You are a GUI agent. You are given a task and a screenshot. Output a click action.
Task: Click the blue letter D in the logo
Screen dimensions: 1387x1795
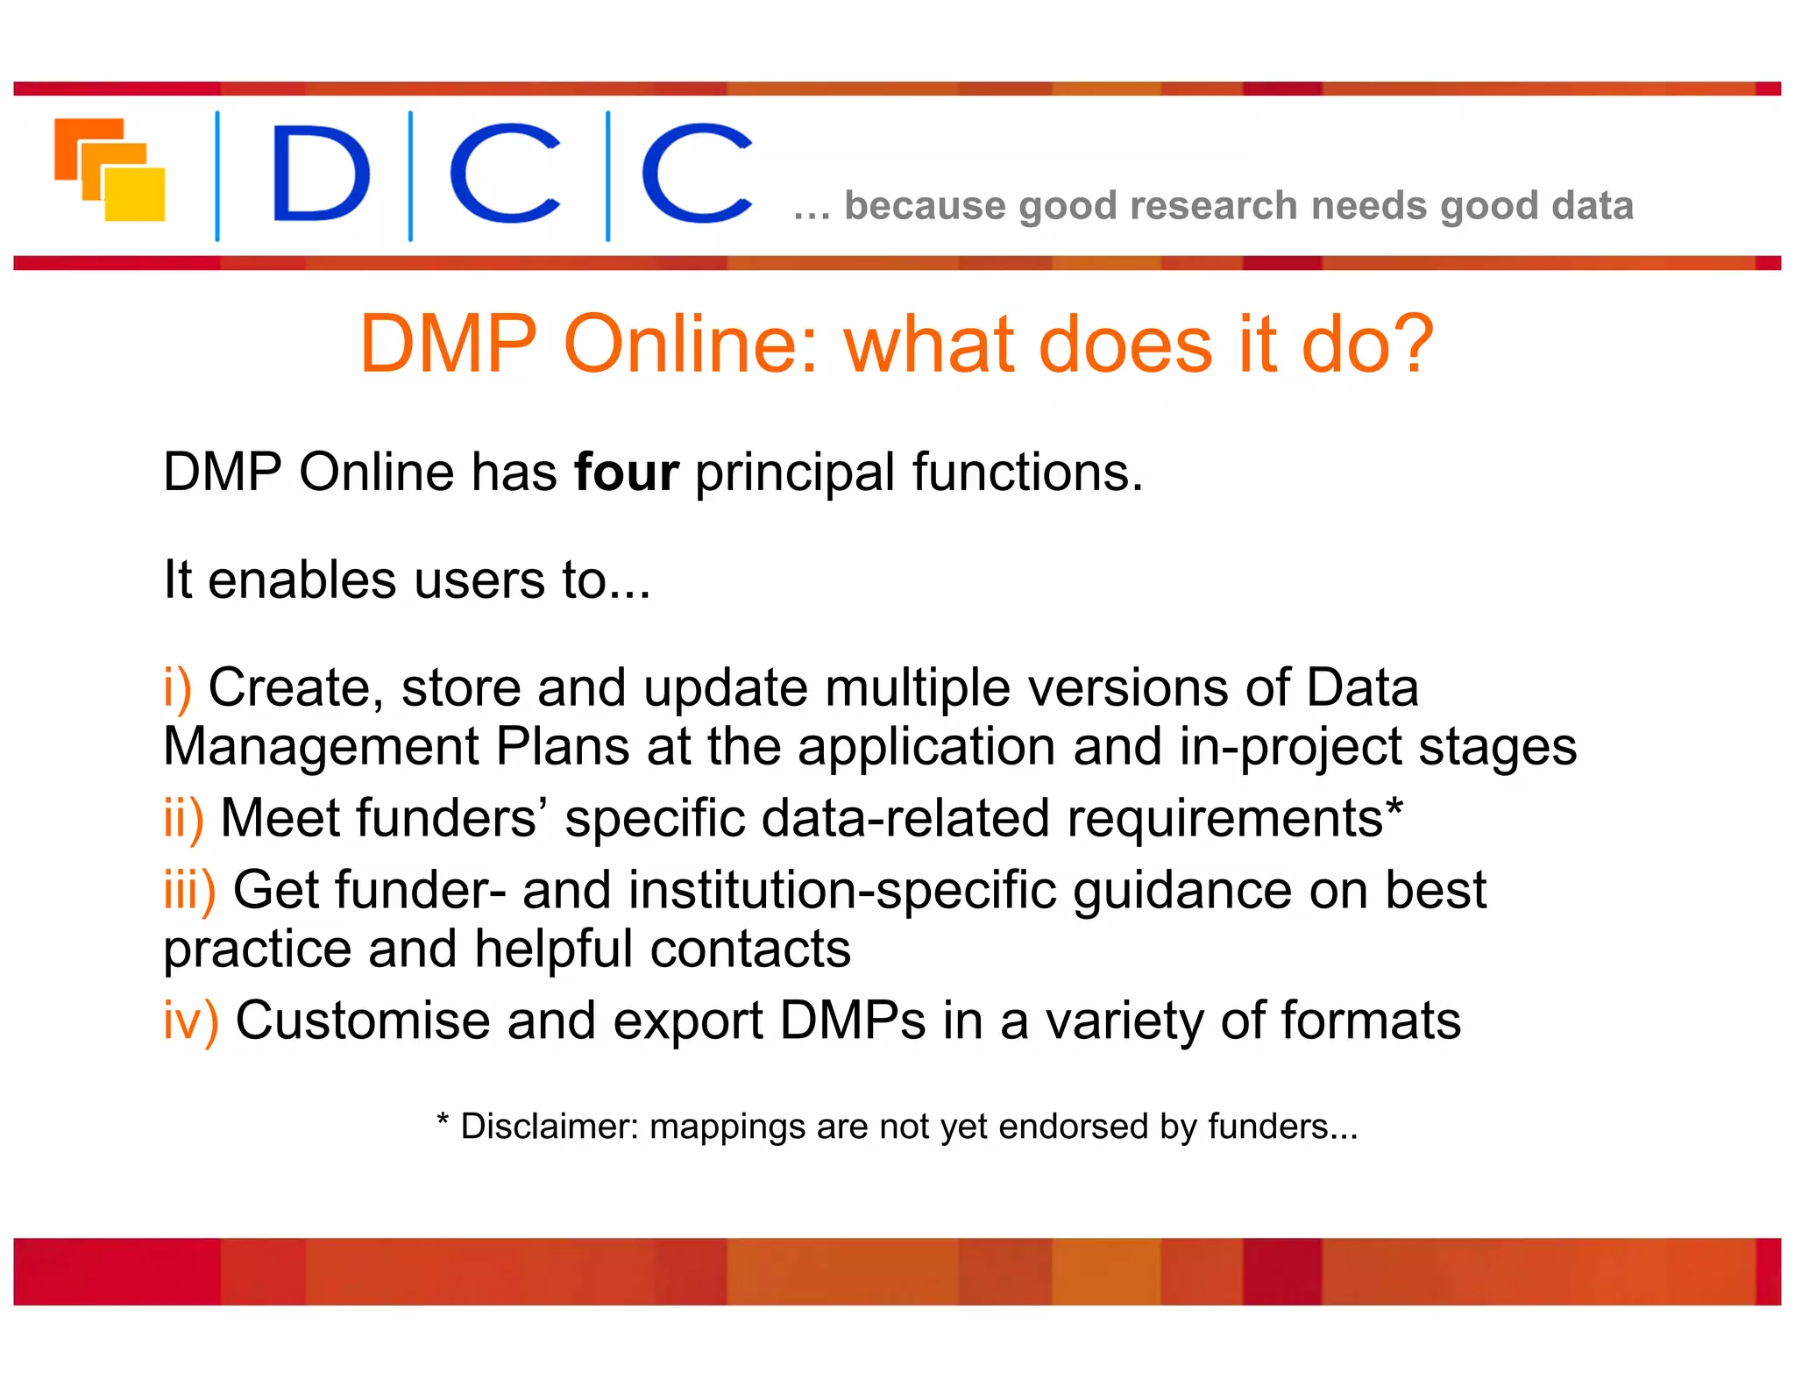[320, 173]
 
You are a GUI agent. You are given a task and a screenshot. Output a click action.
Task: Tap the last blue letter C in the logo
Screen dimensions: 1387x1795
[697, 173]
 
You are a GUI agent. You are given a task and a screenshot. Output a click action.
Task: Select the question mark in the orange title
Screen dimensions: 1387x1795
[1408, 344]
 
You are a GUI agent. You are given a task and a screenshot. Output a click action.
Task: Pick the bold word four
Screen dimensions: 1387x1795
[626, 473]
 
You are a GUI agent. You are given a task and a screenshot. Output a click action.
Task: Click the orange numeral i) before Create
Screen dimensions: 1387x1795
[177, 687]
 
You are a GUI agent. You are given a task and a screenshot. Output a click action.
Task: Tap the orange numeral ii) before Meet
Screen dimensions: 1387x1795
[183, 819]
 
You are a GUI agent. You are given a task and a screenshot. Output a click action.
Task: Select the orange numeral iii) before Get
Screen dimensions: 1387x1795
[189, 891]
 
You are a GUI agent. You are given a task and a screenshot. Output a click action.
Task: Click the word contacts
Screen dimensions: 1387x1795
[750, 950]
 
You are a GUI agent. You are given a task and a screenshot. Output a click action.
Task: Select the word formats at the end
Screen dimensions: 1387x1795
[1371, 1021]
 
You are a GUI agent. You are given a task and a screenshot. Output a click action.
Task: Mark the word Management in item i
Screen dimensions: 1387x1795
[321, 748]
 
